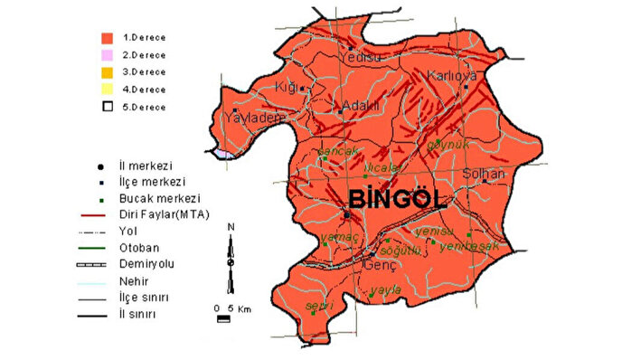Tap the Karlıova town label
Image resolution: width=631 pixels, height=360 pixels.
point(451,76)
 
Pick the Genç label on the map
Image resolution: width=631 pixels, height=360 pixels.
point(372,266)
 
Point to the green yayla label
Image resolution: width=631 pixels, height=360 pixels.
point(384,292)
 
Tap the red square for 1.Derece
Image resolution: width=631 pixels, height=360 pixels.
point(107,39)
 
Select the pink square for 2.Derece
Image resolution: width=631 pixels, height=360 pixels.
point(107,56)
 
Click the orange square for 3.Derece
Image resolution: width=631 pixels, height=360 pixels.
point(107,72)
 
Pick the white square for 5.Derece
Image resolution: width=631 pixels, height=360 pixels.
point(107,106)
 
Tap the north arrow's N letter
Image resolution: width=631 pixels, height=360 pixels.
point(231,227)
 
